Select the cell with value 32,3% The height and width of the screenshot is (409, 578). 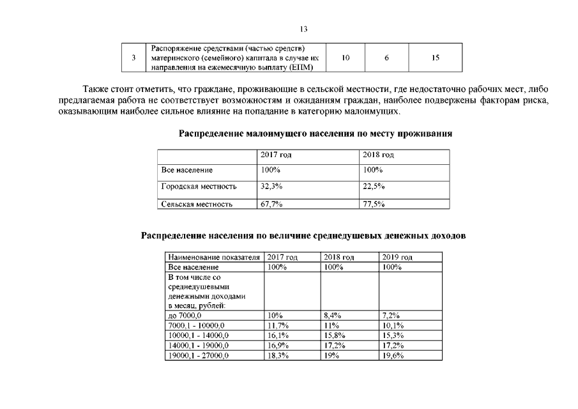coord(271,187)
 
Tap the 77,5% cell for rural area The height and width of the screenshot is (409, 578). coord(374,204)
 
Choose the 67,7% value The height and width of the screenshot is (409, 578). coord(271,204)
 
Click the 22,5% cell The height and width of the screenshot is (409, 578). coord(374,187)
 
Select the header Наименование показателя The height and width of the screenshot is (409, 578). coord(214,257)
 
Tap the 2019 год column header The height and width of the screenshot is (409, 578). coord(397,257)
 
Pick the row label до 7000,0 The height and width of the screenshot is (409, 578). coord(185,316)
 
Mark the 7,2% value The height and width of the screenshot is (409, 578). coord(391,316)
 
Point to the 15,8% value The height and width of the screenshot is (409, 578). coord(335,335)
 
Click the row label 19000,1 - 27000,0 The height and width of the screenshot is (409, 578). coord(199,355)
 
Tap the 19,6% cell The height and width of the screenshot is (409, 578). coord(393,355)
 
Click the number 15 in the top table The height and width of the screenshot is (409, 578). coord(435,58)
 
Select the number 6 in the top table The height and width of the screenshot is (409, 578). coord(386,58)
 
